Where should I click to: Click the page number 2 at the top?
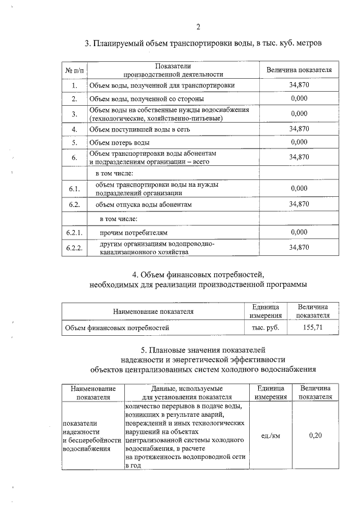(199, 26)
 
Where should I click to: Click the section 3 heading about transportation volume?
(202, 43)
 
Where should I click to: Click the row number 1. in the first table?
(74, 85)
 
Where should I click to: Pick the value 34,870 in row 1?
(299, 85)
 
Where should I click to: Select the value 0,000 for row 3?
(299, 114)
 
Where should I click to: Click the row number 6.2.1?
(74, 232)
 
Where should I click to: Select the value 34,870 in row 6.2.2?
(299, 247)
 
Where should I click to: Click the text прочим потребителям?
(134, 232)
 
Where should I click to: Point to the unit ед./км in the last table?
(271, 435)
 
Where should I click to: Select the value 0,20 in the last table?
(315, 435)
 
